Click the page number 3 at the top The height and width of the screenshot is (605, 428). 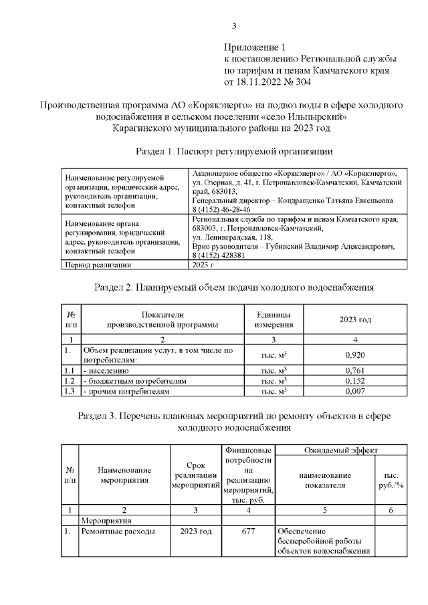pos(233,27)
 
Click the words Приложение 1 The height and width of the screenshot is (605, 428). pos(254,47)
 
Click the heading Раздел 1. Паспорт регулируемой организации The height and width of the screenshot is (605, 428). pos(233,151)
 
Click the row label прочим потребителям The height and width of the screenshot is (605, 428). pos(126,390)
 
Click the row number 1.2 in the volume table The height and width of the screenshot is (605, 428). pos(68,380)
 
